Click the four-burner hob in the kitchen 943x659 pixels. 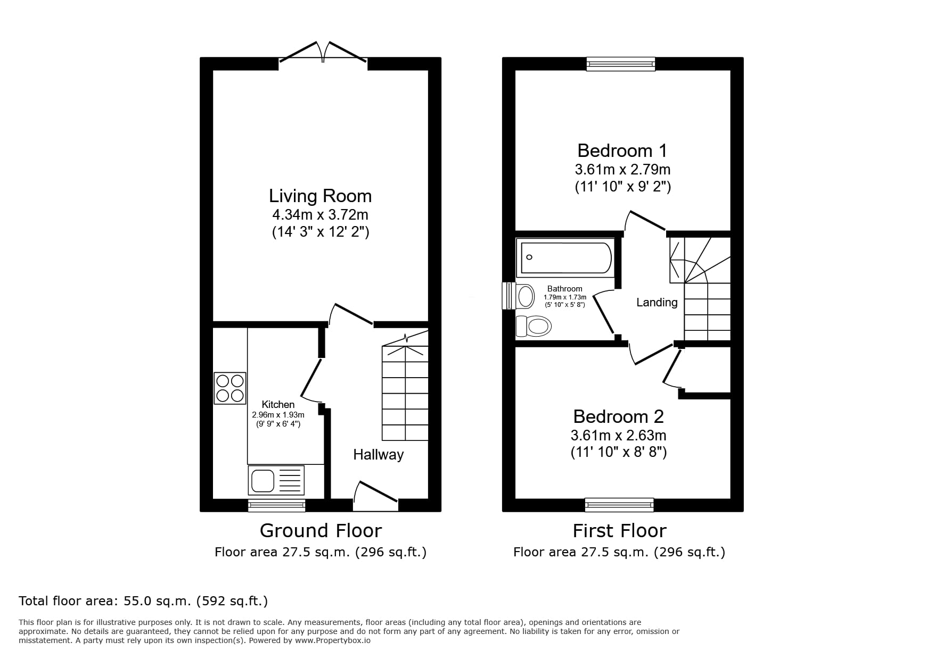[x=230, y=388]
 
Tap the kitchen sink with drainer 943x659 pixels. [x=276, y=480]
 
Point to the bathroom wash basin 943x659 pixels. [x=524, y=296]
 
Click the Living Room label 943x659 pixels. [x=320, y=196]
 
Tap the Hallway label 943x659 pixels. [x=378, y=455]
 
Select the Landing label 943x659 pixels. [x=657, y=303]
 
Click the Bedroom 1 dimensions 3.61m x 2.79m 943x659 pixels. [x=622, y=170]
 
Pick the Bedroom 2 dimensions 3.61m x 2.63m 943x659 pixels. [x=618, y=436]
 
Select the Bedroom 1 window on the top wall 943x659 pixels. [x=620, y=64]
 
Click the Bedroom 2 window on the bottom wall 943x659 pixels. [x=619, y=505]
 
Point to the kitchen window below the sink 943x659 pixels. [x=276, y=505]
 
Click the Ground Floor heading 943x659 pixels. [x=321, y=531]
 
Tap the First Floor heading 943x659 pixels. [x=619, y=531]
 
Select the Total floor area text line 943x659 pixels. [x=143, y=601]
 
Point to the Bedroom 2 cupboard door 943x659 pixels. [x=672, y=367]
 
